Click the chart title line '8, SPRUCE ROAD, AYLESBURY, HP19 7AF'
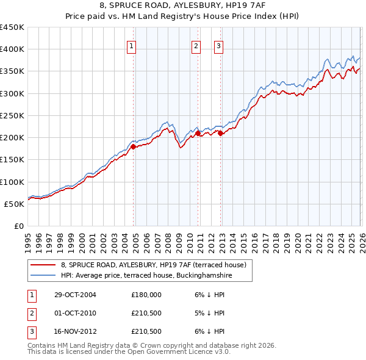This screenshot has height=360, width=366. click(x=182, y=5)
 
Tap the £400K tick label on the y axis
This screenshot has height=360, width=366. click(x=12, y=49)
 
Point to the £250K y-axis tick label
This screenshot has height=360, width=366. click(x=12, y=115)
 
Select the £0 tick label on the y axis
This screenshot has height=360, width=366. click(x=20, y=226)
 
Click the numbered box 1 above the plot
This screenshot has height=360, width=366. click(x=132, y=45)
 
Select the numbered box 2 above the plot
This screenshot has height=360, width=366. click(x=196, y=45)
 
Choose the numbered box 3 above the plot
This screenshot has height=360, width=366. click(x=218, y=45)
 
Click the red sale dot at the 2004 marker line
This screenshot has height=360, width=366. click(x=134, y=146)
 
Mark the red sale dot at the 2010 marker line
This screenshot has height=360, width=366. click(x=198, y=133)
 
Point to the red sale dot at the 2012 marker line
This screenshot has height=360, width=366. click(x=221, y=133)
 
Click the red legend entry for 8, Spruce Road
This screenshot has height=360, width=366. click(x=153, y=265)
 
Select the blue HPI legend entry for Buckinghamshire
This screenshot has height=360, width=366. click(x=146, y=276)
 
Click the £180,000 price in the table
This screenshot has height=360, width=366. click(x=146, y=294)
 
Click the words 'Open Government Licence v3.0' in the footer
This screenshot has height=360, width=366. click(x=173, y=352)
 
